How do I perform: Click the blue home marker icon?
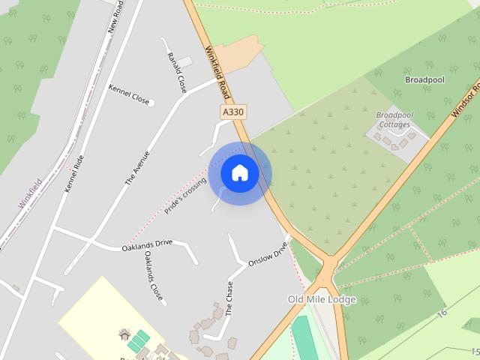[239, 173]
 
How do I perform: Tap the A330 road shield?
[234, 112]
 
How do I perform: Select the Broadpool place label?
[425, 79]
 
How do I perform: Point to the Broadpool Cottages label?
[394, 120]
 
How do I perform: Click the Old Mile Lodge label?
[322, 299]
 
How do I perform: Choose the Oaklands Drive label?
[147, 245]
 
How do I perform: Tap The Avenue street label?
[137, 168]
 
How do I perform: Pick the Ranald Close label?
[177, 73]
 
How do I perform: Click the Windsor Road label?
[466, 102]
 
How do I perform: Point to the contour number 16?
[442, 311]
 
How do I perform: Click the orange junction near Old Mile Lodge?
[328, 268]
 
